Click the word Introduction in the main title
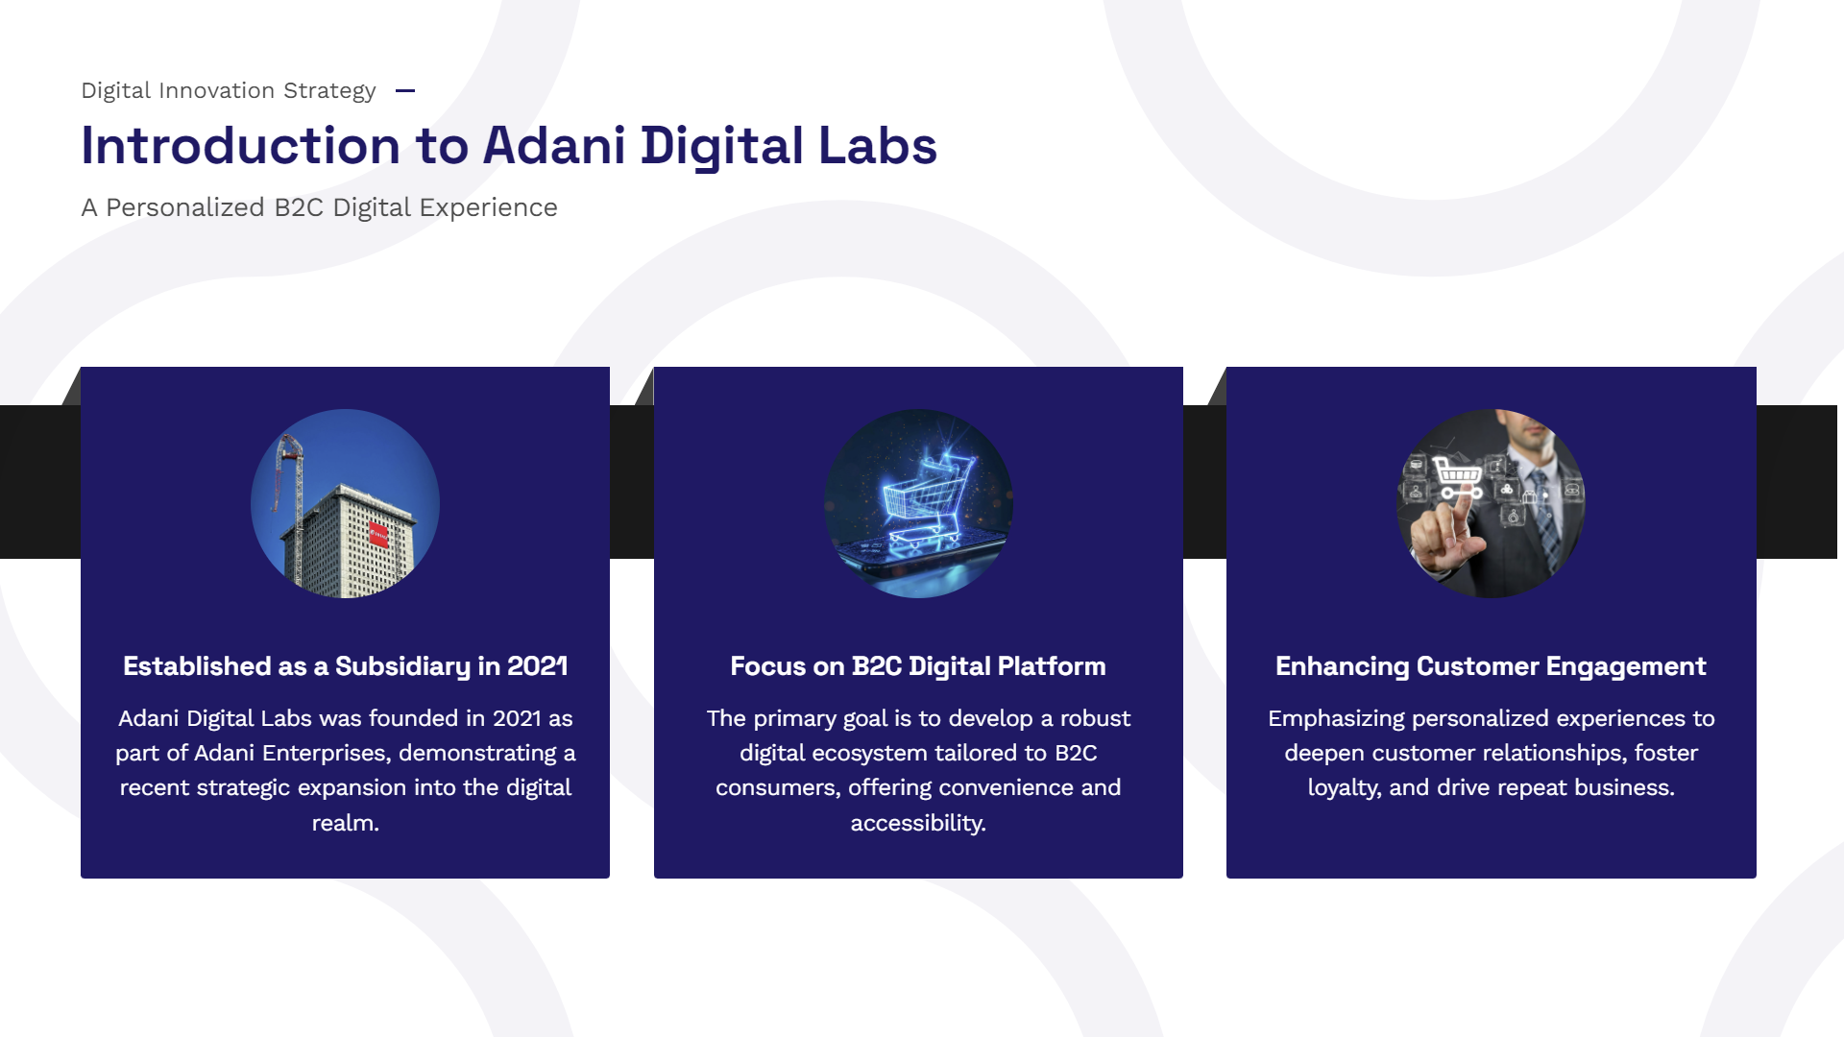pos(241,146)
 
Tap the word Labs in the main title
pos(877,146)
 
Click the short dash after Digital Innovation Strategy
pos(405,91)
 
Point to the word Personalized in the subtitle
pos(185,207)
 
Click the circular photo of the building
pos(345,503)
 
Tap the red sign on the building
pos(378,533)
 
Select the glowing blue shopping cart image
pos(918,503)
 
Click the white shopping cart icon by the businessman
pos(1458,475)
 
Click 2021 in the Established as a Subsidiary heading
pos(537,666)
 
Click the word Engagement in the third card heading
pos(1626,666)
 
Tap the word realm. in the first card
pos(345,823)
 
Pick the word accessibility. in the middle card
pos(918,823)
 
